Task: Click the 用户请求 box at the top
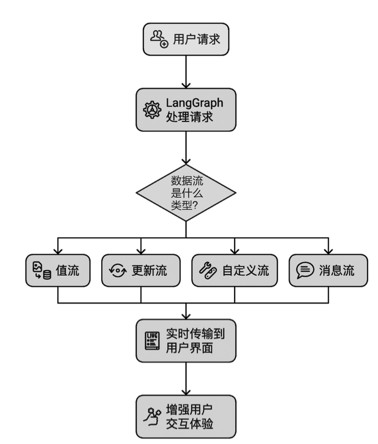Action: (x=186, y=39)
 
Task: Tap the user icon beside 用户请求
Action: (x=159, y=39)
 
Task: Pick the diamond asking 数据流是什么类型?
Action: (x=186, y=192)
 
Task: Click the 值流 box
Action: (x=57, y=270)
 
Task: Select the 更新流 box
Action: (x=141, y=270)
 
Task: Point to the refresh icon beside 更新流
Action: (x=118, y=271)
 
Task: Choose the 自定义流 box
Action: (x=235, y=270)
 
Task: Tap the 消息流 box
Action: (x=328, y=270)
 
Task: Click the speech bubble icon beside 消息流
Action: (x=305, y=271)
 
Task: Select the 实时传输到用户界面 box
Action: (x=186, y=341)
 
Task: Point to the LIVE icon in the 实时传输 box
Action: (x=152, y=341)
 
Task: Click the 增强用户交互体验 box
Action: (x=186, y=416)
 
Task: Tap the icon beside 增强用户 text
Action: (x=152, y=417)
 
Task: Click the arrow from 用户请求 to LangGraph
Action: (x=186, y=71)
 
